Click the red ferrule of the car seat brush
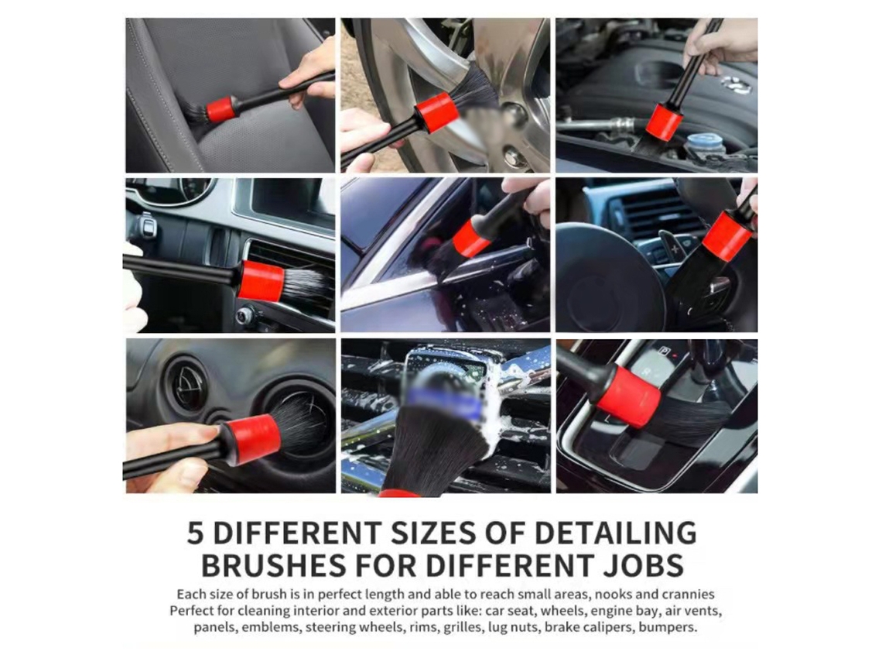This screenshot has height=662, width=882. pyautogui.click(x=220, y=110)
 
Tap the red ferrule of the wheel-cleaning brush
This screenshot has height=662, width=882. pyautogui.click(x=435, y=111)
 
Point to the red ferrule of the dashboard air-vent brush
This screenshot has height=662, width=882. pyautogui.click(x=260, y=280)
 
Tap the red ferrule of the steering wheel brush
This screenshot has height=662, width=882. pyautogui.click(x=728, y=236)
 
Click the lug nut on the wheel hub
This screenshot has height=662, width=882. pyautogui.click(x=514, y=156)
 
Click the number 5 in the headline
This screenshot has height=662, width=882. pyautogui.click(x=195, y=533)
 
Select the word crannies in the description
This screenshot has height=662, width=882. pyautogui.click(x=688, y=595)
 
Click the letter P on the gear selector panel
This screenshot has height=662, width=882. pyautogui.click(x=665, y=351)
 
